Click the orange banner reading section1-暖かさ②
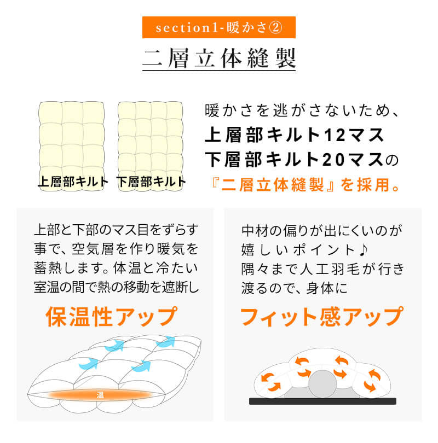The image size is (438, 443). click(x=219, y=27)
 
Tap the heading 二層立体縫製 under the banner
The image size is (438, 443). click(x=219, y=58)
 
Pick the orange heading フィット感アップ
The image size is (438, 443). click(x=322, y=316)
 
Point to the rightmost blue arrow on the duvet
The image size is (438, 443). click(x=166, y=342)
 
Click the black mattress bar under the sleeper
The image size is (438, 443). click(x=323, y=401)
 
